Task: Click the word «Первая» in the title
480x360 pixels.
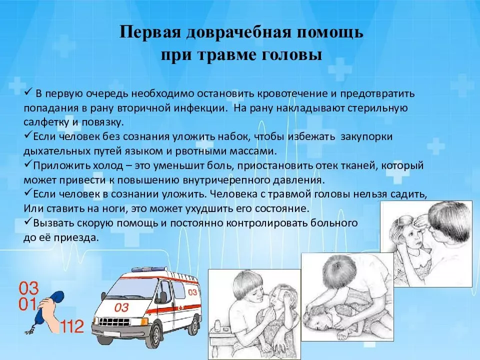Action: pyautogui.click(x=150, y=32)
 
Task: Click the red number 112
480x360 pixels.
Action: pyautogui.click(x=72, y=326)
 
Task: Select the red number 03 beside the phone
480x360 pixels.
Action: pyautogui.click(x=29, y=288)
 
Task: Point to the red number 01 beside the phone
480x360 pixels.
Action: pyautogui.click(x=27, y=304)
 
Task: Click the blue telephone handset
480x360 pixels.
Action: pyautogui.click(x=48, y=309)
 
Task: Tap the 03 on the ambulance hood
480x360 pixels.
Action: pyautogui.click(x=121, y=307)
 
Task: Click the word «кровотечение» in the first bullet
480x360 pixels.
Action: pyautogui.click(x=292, y=93)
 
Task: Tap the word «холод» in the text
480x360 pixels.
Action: pyautogui.click(x=109, y=165)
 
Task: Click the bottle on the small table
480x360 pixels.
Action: pyautogui.click(x=218, y=325)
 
